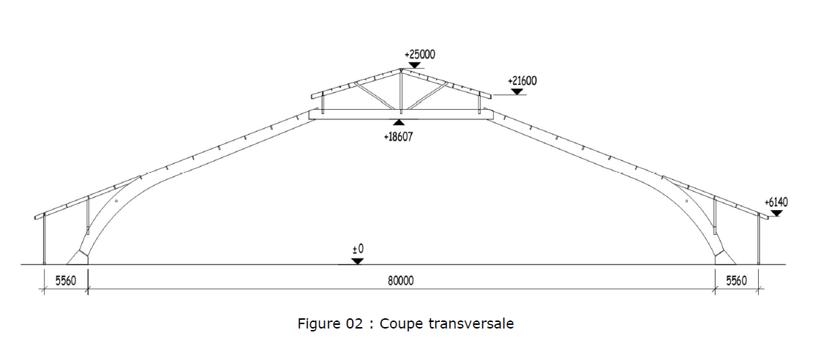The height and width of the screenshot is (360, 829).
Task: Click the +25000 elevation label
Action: pos(419,54)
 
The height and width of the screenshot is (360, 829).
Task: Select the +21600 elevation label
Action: pos(522,80)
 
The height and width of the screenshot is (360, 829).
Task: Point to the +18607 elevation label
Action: pos(399,136)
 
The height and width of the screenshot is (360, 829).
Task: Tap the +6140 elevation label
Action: pos(776,201)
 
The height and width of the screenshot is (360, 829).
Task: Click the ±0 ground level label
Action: pos(358,250)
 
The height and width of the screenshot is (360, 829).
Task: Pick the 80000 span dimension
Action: pos(401,281)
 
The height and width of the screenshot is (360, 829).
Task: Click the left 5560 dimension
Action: pos(65,281)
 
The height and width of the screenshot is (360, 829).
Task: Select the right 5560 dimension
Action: pos(736,281)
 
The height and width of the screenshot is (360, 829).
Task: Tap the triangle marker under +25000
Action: pos(415,64)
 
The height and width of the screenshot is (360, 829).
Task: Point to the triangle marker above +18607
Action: pos(399,123)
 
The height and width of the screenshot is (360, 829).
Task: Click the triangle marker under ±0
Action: pos(358,260)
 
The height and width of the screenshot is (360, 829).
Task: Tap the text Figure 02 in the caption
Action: pos(330,323)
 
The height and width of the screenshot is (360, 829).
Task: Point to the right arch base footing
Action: pos(724,256)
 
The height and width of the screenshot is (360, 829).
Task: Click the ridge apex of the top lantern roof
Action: pos(400,70)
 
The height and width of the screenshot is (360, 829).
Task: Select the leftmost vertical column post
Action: pos(44,238)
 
